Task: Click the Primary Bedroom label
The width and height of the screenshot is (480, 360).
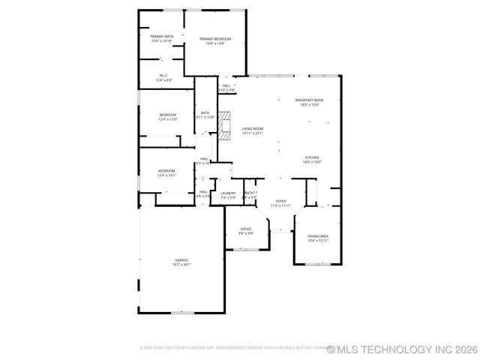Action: (214, 39)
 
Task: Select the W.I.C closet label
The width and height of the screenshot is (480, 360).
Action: (163, 75)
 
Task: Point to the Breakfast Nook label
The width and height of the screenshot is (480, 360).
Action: (309, 100)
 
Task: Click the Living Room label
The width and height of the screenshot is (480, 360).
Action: (252, 129)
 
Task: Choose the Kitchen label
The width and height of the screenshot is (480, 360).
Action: (312, 157)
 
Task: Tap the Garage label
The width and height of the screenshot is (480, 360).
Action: (182, 260)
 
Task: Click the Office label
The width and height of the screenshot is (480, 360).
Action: (246, 229)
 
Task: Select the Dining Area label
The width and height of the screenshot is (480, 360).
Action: (318, 236)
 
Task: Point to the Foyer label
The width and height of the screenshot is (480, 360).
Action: (280, 201)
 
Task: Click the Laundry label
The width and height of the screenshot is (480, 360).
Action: (228, 193)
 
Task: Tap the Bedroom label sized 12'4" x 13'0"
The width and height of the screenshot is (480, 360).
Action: (167, 115)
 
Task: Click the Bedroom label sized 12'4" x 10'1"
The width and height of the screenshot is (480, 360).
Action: (166, 171)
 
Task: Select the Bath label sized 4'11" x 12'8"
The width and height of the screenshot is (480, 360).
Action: (205, 113)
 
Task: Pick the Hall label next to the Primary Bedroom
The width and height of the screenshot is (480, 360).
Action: (226, 86)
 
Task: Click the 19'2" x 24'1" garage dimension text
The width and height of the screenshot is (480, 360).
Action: (182, 265)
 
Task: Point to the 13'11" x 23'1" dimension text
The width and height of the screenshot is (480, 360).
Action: (252, 133)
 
